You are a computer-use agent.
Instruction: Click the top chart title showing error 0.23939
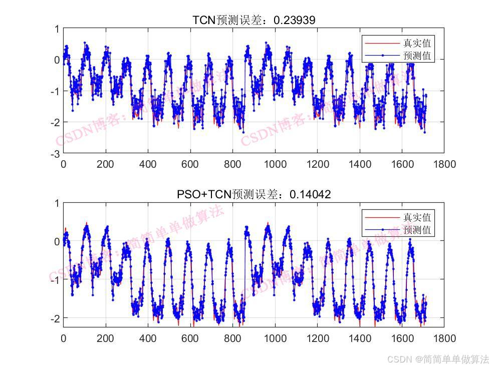click(x=254, y=20)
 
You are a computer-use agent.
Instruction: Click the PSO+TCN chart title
click(x=254, y=194)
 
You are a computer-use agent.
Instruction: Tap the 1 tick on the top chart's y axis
click(x=57, y=29)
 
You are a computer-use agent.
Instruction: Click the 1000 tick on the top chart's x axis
click(x=275, y=164)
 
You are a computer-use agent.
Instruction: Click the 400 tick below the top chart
click(x=148, y=164)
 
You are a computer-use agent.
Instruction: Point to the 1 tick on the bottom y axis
click(x=57, y=203)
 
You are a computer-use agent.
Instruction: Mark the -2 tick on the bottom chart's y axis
click(x=56, y=318)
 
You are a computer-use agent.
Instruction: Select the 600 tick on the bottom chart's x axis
click(x=190, y=338)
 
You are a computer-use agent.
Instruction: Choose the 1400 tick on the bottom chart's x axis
click(x=360, y=338)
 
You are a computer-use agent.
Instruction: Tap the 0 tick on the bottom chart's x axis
click(x=64, y=338)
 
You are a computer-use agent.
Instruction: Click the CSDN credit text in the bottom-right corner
click(x=438, y=359)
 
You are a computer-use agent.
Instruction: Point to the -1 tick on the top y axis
click(x=56, y=91)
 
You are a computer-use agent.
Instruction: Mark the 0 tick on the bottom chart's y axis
click(x=57, y=241)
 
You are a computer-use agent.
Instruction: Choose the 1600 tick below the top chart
click(x=402, y=164)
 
